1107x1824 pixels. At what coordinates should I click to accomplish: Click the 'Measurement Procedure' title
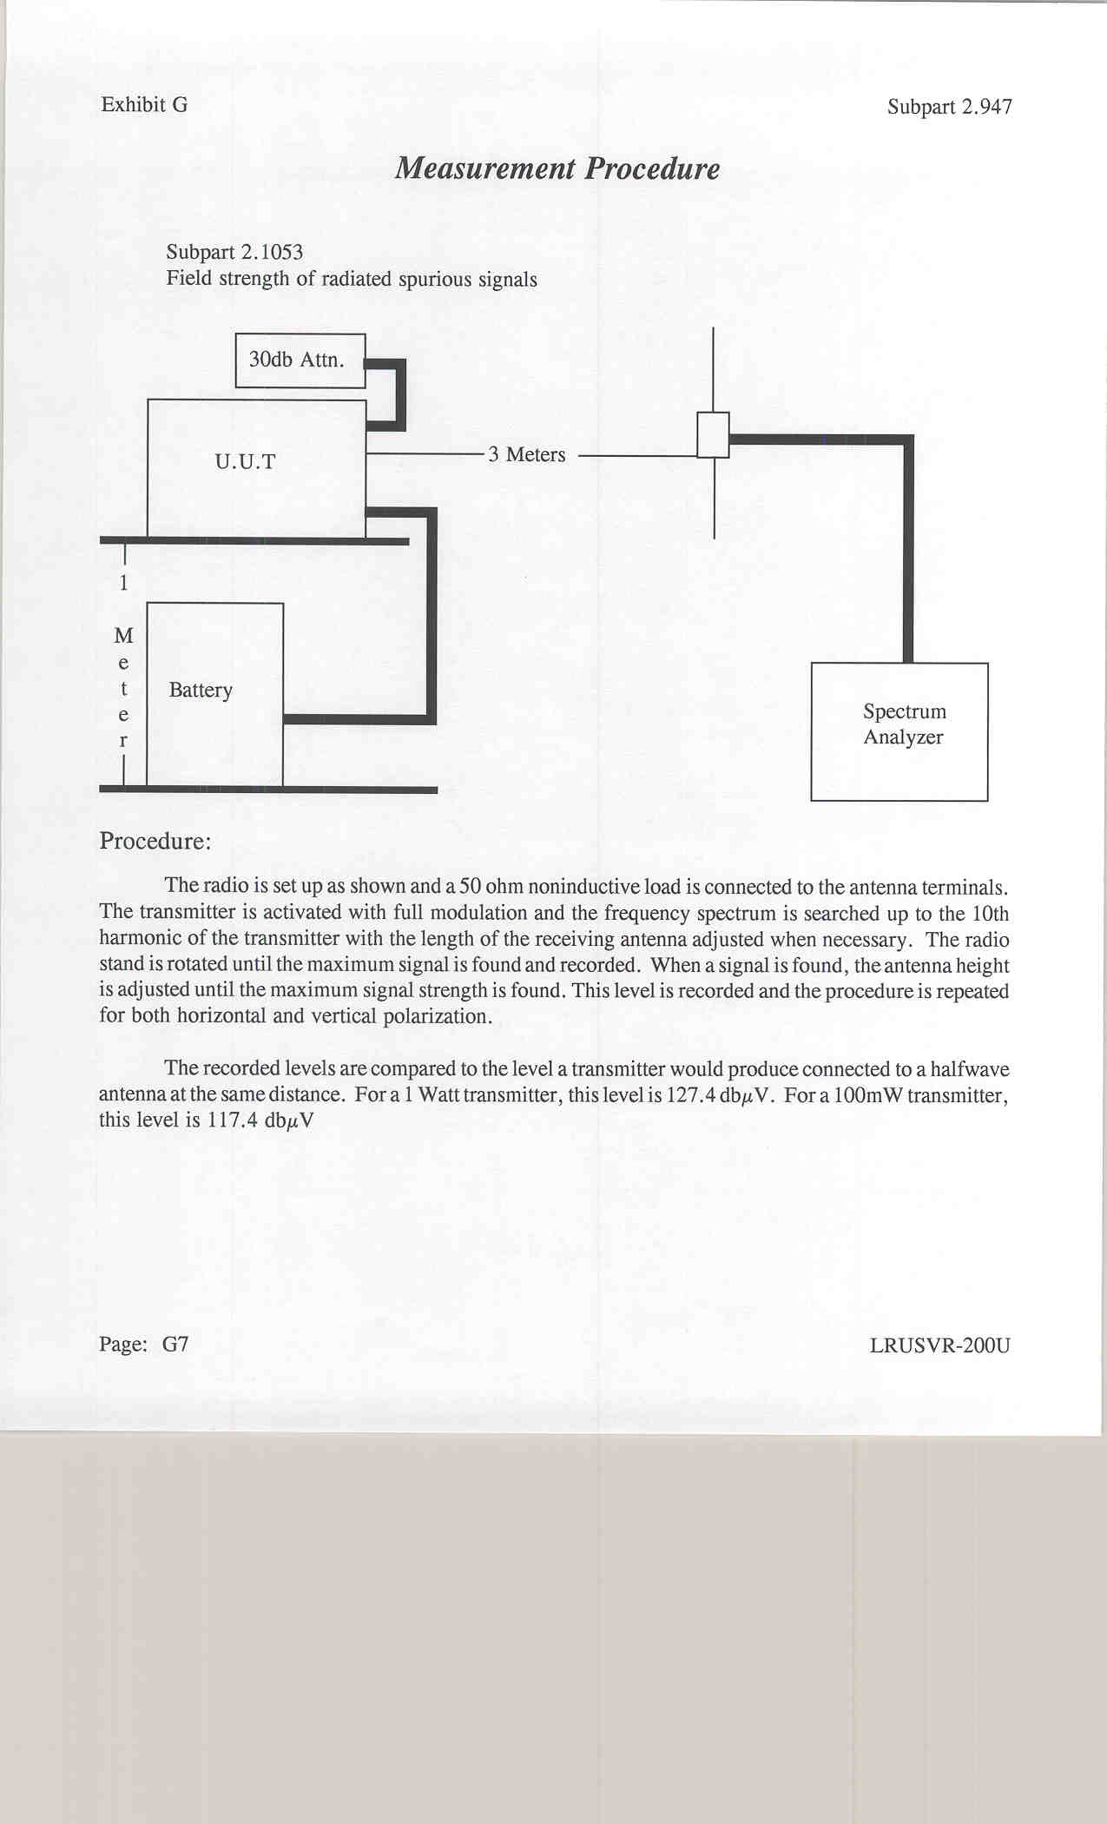(x=557, y=169)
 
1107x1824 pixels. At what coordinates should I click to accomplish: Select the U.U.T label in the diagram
(x=245, y=462)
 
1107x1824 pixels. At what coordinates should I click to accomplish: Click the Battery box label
(x=201, y=691)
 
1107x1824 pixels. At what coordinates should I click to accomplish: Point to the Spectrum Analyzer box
(x=899, y=730)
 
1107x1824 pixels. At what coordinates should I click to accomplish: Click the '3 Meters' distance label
(x=526, y=455)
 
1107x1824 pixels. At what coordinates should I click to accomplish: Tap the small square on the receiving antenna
(x=713, y=435)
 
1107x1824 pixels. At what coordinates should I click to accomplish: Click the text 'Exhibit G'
(x=144, y=105)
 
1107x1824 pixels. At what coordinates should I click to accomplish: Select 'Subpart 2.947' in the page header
(x=949, y=107)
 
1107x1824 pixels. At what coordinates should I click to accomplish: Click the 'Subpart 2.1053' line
(x=234, y=253)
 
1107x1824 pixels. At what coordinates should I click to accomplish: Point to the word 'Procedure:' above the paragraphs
(x=155, y=841)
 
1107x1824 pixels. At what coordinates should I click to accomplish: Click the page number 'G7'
(x=175, y=1345)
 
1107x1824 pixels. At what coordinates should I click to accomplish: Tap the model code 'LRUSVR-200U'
(x=939, y=1346)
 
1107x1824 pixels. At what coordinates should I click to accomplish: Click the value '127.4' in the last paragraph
(x=690, y=1095)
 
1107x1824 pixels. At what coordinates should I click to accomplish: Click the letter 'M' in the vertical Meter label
(x=123, y=636)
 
